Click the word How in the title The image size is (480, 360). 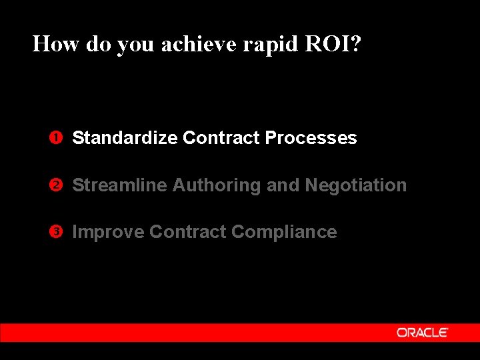[x=51, y=44]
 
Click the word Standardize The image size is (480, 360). [x=125, y=138]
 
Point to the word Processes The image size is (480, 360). [x=311, y=138]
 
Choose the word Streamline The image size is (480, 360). [x=119, y=185]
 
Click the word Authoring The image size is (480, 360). [x=217, y=185]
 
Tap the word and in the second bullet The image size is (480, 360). [x=283, y=185]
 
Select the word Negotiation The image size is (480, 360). [x=355, y=185]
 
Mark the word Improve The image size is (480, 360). [x=108, y=232]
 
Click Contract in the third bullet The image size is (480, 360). [x=187, y=232]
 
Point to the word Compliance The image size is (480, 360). [x=284, y=232]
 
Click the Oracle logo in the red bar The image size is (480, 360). [x=422, y=332]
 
